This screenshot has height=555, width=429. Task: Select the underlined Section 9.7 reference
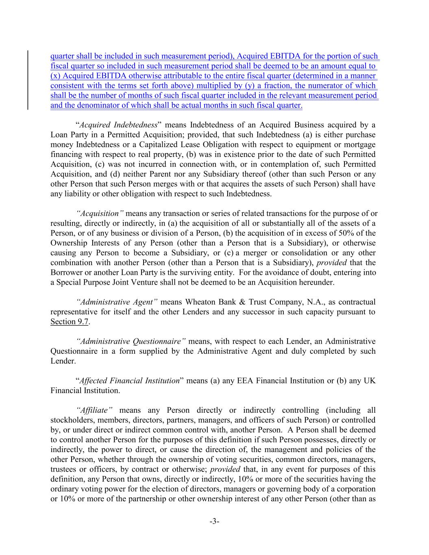click(x=69, y=322)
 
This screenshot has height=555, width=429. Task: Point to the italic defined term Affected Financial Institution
click(x=129, y=381)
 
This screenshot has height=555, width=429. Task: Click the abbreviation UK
click(x=370, y=381)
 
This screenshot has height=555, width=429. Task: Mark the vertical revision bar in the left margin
click(x=28, y=80)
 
